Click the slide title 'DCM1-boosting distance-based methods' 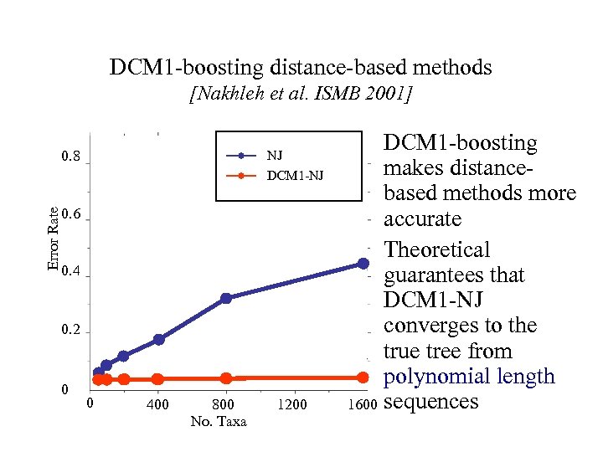tap(301, 67)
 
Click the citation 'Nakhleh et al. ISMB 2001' tap(301, 95)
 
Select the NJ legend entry tap(274, 155)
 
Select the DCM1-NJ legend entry tap(294, 176)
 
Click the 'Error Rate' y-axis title tap(53, 239)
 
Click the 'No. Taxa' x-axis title tap(219, 421)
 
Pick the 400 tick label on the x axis tap(157, 405)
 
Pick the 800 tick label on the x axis tap(224, 405)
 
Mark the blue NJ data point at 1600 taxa tap(363, 264)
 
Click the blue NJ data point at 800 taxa tap(225, 298)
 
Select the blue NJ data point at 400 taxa tap(158, 339)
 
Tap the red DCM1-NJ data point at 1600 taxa tap(363, 378)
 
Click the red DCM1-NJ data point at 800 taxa tap(225, 378)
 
